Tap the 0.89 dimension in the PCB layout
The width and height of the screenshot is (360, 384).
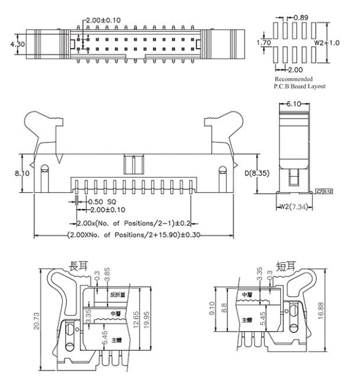301,17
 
